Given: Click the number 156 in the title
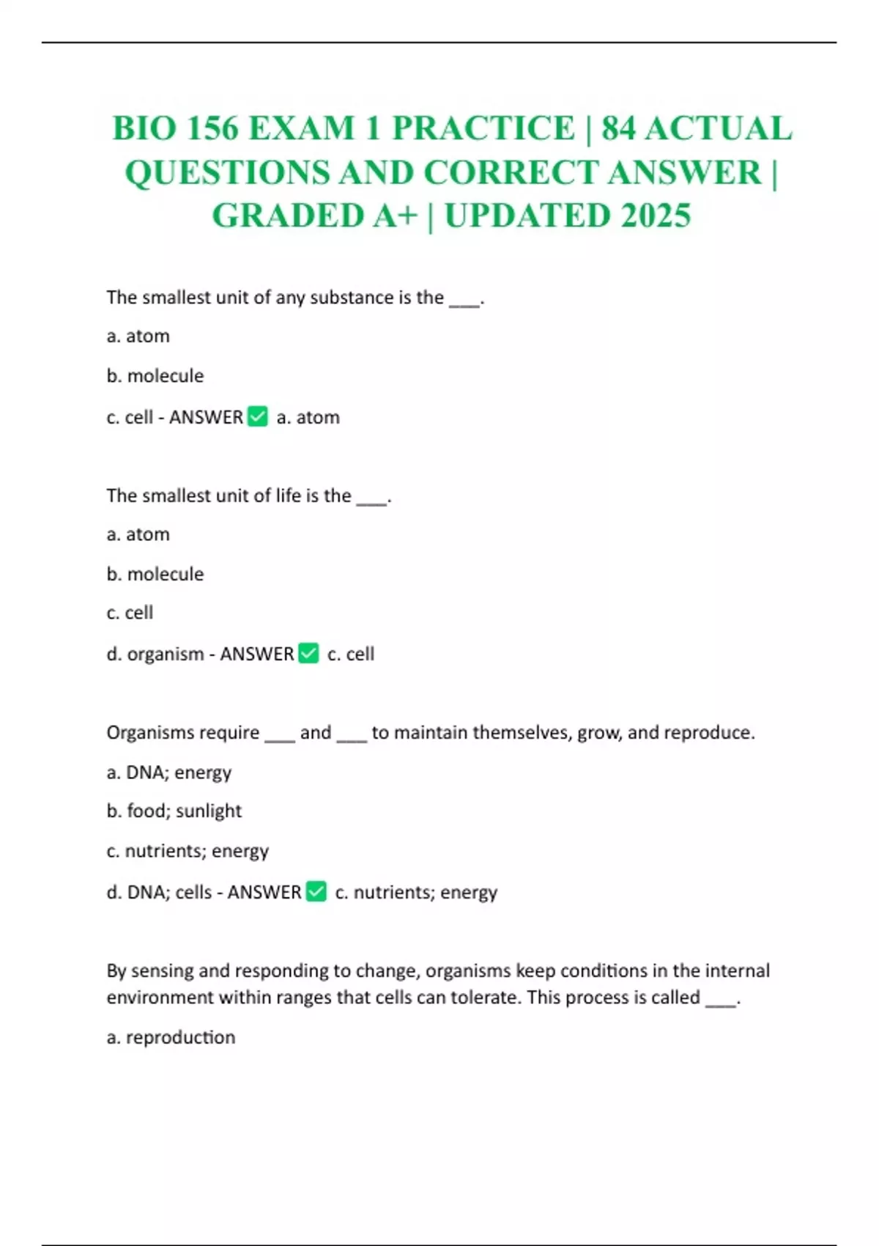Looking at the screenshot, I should pos(212,128).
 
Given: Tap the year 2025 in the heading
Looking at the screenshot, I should pos(656,215).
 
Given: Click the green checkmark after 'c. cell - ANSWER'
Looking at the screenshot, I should pos(258,416).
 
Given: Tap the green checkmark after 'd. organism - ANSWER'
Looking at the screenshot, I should pos(309,653).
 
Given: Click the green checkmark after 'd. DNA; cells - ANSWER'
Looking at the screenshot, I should pos(316,891).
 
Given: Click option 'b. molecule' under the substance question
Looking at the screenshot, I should pos(155,376).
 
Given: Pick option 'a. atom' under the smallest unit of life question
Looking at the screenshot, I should pos(138,534).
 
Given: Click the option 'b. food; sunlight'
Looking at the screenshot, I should pos(174,811).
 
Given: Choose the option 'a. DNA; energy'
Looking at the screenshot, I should pos(169,773).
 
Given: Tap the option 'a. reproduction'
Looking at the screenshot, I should pos(171,1037).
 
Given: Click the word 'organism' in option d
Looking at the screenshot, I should pos(166,654).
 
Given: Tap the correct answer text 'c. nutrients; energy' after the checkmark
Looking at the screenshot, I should pos(416,892).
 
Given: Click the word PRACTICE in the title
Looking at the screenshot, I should pos(483,128).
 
